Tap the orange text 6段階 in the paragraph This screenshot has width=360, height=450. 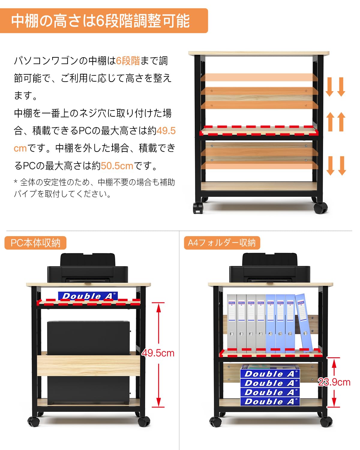tap(128, 61)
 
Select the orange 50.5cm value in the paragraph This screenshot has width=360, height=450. tap(117, 166)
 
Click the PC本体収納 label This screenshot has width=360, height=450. tap(35, 243)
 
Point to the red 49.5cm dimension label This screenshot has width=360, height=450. tap(158, 353)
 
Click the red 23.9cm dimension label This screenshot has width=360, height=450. tap(334, 382)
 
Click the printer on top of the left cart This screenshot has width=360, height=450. tap(87, 269)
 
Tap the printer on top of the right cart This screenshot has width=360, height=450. tap(269, 269)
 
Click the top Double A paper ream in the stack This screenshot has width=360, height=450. tap(270, 373)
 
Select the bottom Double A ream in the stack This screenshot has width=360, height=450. tap(270, 401)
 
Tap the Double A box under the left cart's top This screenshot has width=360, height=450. tap(88, 296)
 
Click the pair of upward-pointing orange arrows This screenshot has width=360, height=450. tap(336, 121)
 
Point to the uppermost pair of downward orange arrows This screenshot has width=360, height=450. tap(335, 87)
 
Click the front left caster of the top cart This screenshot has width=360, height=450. tap(198, 208)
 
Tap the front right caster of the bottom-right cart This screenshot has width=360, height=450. tap(326, 421)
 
